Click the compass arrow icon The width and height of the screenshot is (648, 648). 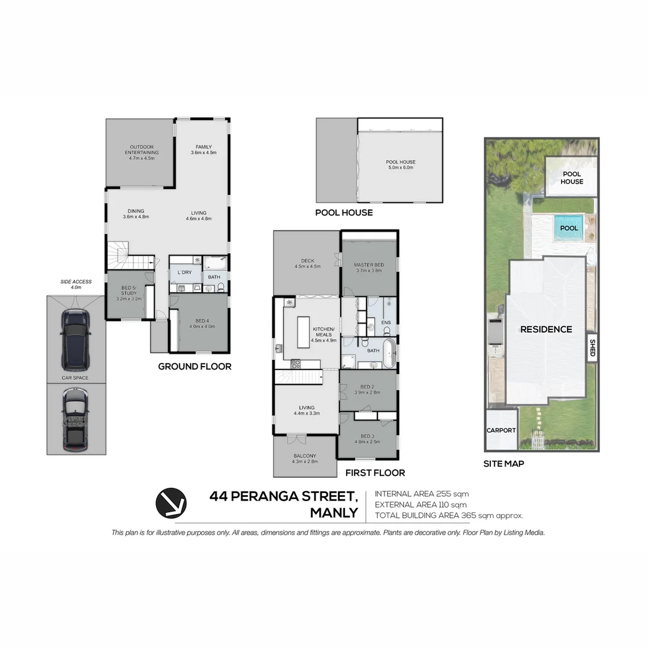click(171, 503)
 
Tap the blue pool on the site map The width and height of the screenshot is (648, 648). click(569, 228)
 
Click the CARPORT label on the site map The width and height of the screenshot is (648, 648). click(501, 430)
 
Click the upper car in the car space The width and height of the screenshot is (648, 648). click(76, 340)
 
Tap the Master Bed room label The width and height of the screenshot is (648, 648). click(368, 268)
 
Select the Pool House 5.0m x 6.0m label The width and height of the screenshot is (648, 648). click(400, 164)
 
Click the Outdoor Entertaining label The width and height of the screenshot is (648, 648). click(142, 152)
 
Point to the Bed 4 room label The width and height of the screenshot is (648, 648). click(202, 323)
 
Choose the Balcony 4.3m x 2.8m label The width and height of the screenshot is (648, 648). click(304, 458)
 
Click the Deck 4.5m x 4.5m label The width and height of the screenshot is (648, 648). click(307, 263)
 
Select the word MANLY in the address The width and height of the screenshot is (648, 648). click(334, 513)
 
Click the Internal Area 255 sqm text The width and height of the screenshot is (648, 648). click(422, 494)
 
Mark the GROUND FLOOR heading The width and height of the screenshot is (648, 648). click(194, 366)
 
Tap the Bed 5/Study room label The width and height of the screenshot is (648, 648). click(128, 295)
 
